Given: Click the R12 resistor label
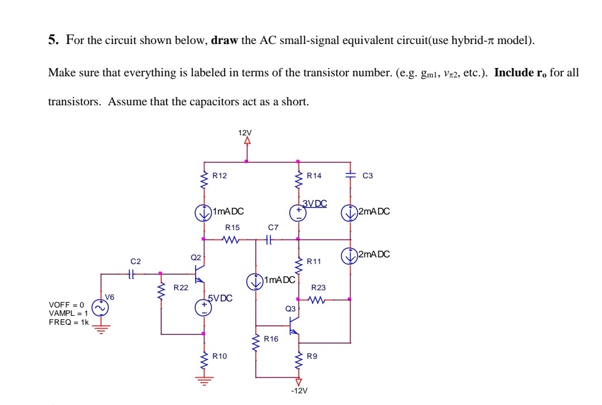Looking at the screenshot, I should point(220,175).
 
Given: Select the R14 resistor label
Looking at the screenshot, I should point(314,175).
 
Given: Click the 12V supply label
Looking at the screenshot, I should point(245,133).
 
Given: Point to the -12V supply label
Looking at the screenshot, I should point(299,391).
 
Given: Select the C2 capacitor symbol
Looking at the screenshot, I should point(132,274).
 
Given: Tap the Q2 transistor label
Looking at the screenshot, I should point(196,257).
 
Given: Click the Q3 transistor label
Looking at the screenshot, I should point(290,308).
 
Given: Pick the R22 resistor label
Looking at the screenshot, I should point(181,288).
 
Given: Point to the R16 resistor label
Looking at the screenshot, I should point(271,339).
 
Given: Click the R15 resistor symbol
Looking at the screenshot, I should point(230,240).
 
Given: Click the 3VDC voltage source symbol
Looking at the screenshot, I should point(298,213).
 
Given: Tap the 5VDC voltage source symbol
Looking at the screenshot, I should point(203,308).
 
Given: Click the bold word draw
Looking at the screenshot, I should point(225,41).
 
